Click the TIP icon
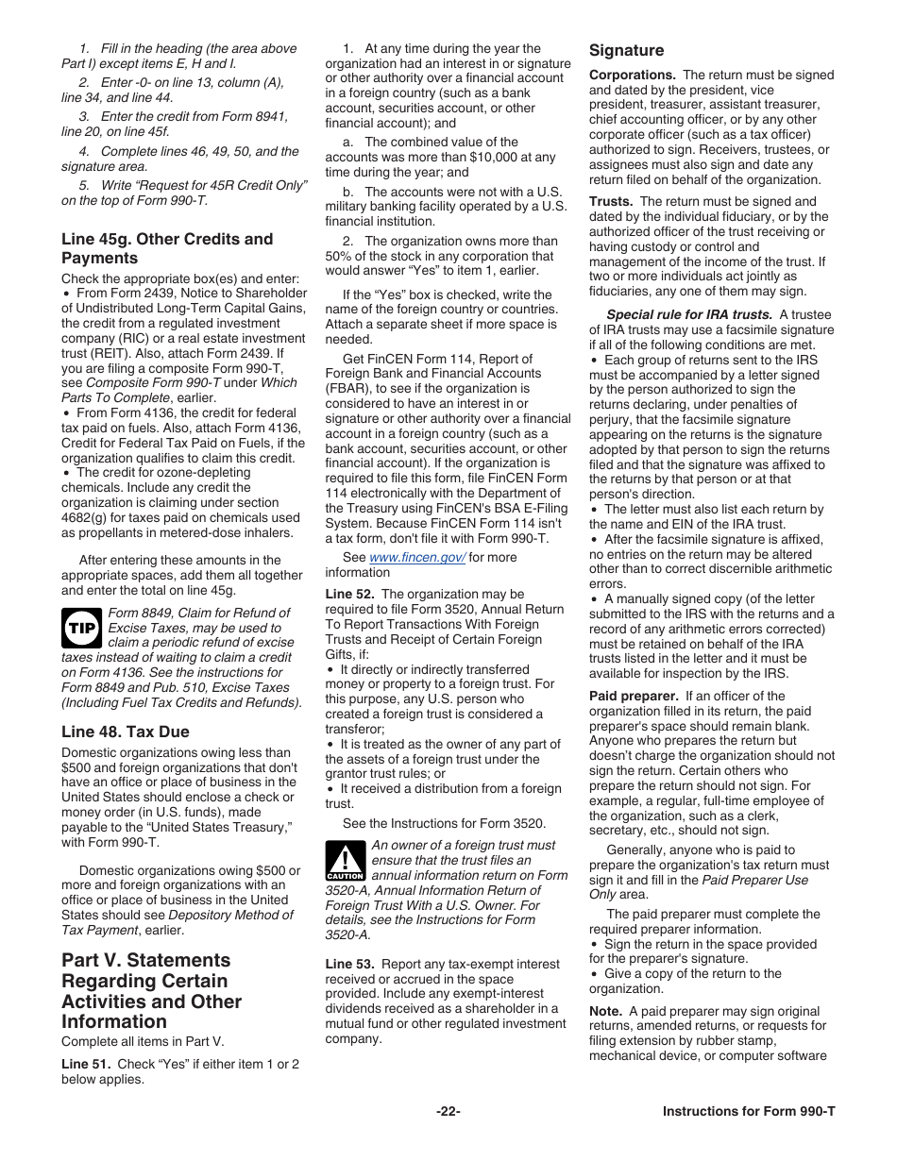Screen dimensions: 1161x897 [x=82, y=628]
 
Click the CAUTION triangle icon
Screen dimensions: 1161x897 [x=345, y=861]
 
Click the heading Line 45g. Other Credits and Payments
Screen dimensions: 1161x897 [x=167, y=248]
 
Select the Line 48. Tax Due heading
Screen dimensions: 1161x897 [x=126, y=732]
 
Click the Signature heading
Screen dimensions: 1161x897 [x=626, y=50]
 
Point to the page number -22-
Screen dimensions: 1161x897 [x=448, y=1111]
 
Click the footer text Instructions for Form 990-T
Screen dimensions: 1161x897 [x=749, y=1111]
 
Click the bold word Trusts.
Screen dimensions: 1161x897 [x=610, y=201]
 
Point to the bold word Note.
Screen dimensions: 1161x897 [x=605, y=1011]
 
